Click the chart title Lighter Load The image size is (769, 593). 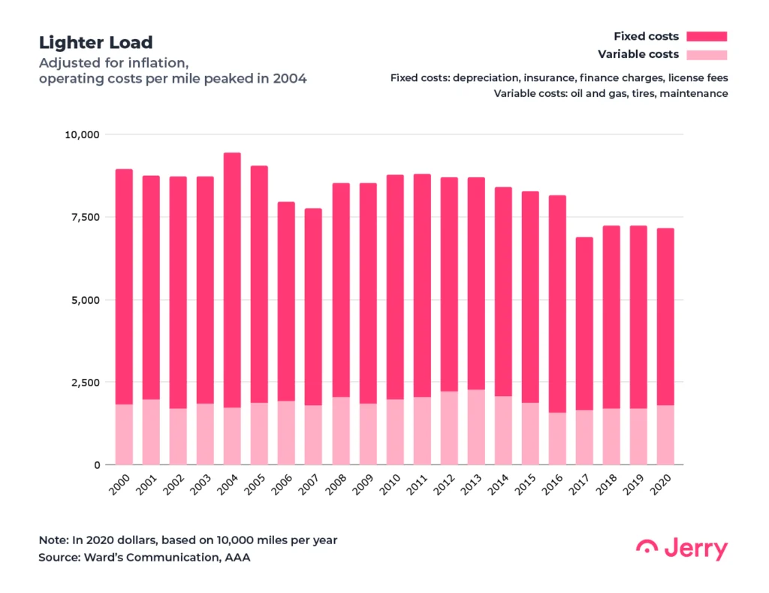[95, 43]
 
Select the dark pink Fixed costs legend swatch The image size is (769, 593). [706, 36]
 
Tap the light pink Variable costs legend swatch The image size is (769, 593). [706, 54]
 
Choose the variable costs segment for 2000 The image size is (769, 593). [124, 434]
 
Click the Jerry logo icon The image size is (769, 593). [647, 548]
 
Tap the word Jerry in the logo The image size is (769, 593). [696, 549]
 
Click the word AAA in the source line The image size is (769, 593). [237, 558]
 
